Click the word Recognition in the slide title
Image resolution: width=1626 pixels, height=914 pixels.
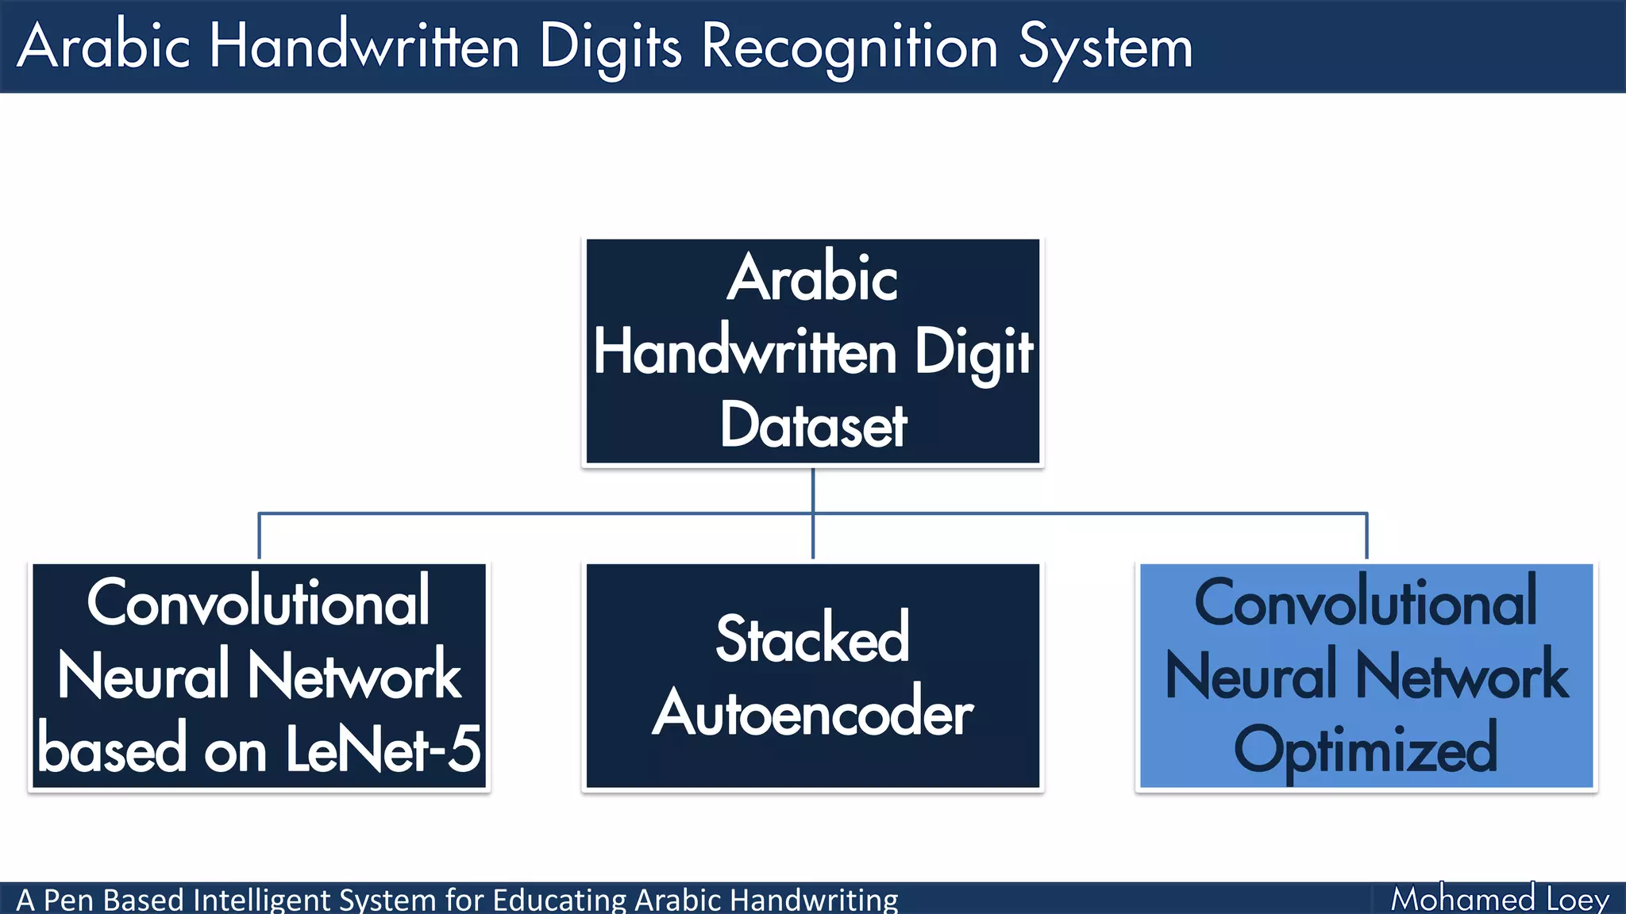click(x=850, y=48)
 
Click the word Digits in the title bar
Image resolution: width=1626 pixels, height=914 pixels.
click(x=610, y=48)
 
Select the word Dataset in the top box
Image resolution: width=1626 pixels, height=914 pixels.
click(x=813, y=426)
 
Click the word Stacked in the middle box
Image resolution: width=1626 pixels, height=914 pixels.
click(x=812, y=639)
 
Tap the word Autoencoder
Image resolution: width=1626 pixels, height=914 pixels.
click(x=812, y=712)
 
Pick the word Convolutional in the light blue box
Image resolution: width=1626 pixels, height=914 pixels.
click(x=1366, y=602)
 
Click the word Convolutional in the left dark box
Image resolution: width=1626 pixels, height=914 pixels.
click(x=258, y=602)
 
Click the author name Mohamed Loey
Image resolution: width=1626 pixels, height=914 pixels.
click(x=1499, y=899)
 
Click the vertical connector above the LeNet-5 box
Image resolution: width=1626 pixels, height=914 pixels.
click(x=259, y=536)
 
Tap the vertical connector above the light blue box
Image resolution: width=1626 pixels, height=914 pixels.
click(x=1366, y=536)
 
